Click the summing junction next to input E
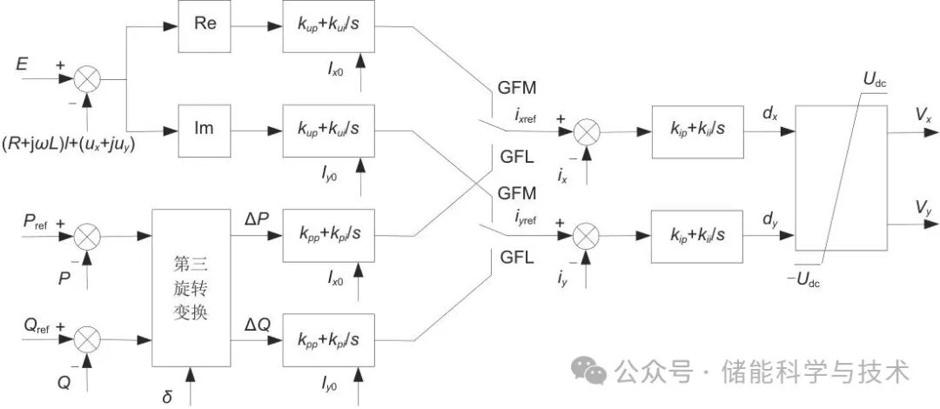(x=85, y=80)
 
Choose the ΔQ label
(x=258, y=324)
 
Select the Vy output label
(x=923, y=208)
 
